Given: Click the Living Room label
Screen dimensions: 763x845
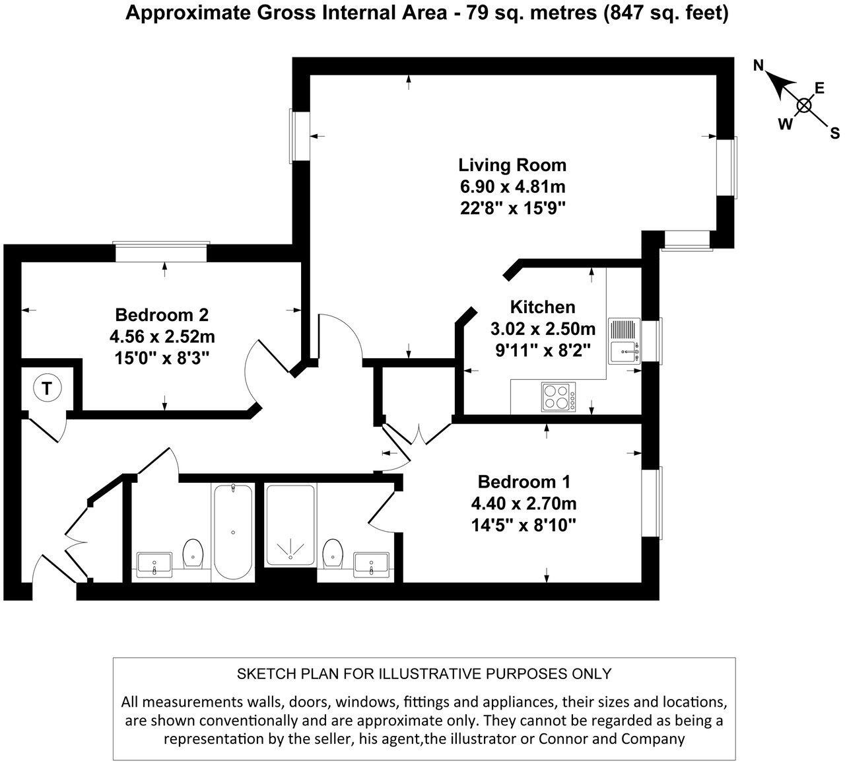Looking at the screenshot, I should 512,164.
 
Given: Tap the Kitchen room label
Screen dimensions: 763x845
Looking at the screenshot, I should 543,307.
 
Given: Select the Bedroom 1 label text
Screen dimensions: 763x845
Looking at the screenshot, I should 523,482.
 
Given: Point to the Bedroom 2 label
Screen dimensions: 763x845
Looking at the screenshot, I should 162,314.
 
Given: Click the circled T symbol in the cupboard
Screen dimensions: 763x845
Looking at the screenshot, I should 46,388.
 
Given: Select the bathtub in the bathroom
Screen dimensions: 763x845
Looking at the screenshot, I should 232,532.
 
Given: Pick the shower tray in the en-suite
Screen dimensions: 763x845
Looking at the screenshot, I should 290,525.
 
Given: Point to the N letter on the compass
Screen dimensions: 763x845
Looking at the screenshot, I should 759,65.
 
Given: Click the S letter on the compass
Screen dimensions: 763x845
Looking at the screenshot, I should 834,133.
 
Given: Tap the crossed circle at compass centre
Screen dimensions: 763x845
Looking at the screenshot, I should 803,105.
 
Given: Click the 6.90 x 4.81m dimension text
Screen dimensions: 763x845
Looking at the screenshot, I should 512,186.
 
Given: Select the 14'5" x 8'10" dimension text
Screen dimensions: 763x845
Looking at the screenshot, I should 523,525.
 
